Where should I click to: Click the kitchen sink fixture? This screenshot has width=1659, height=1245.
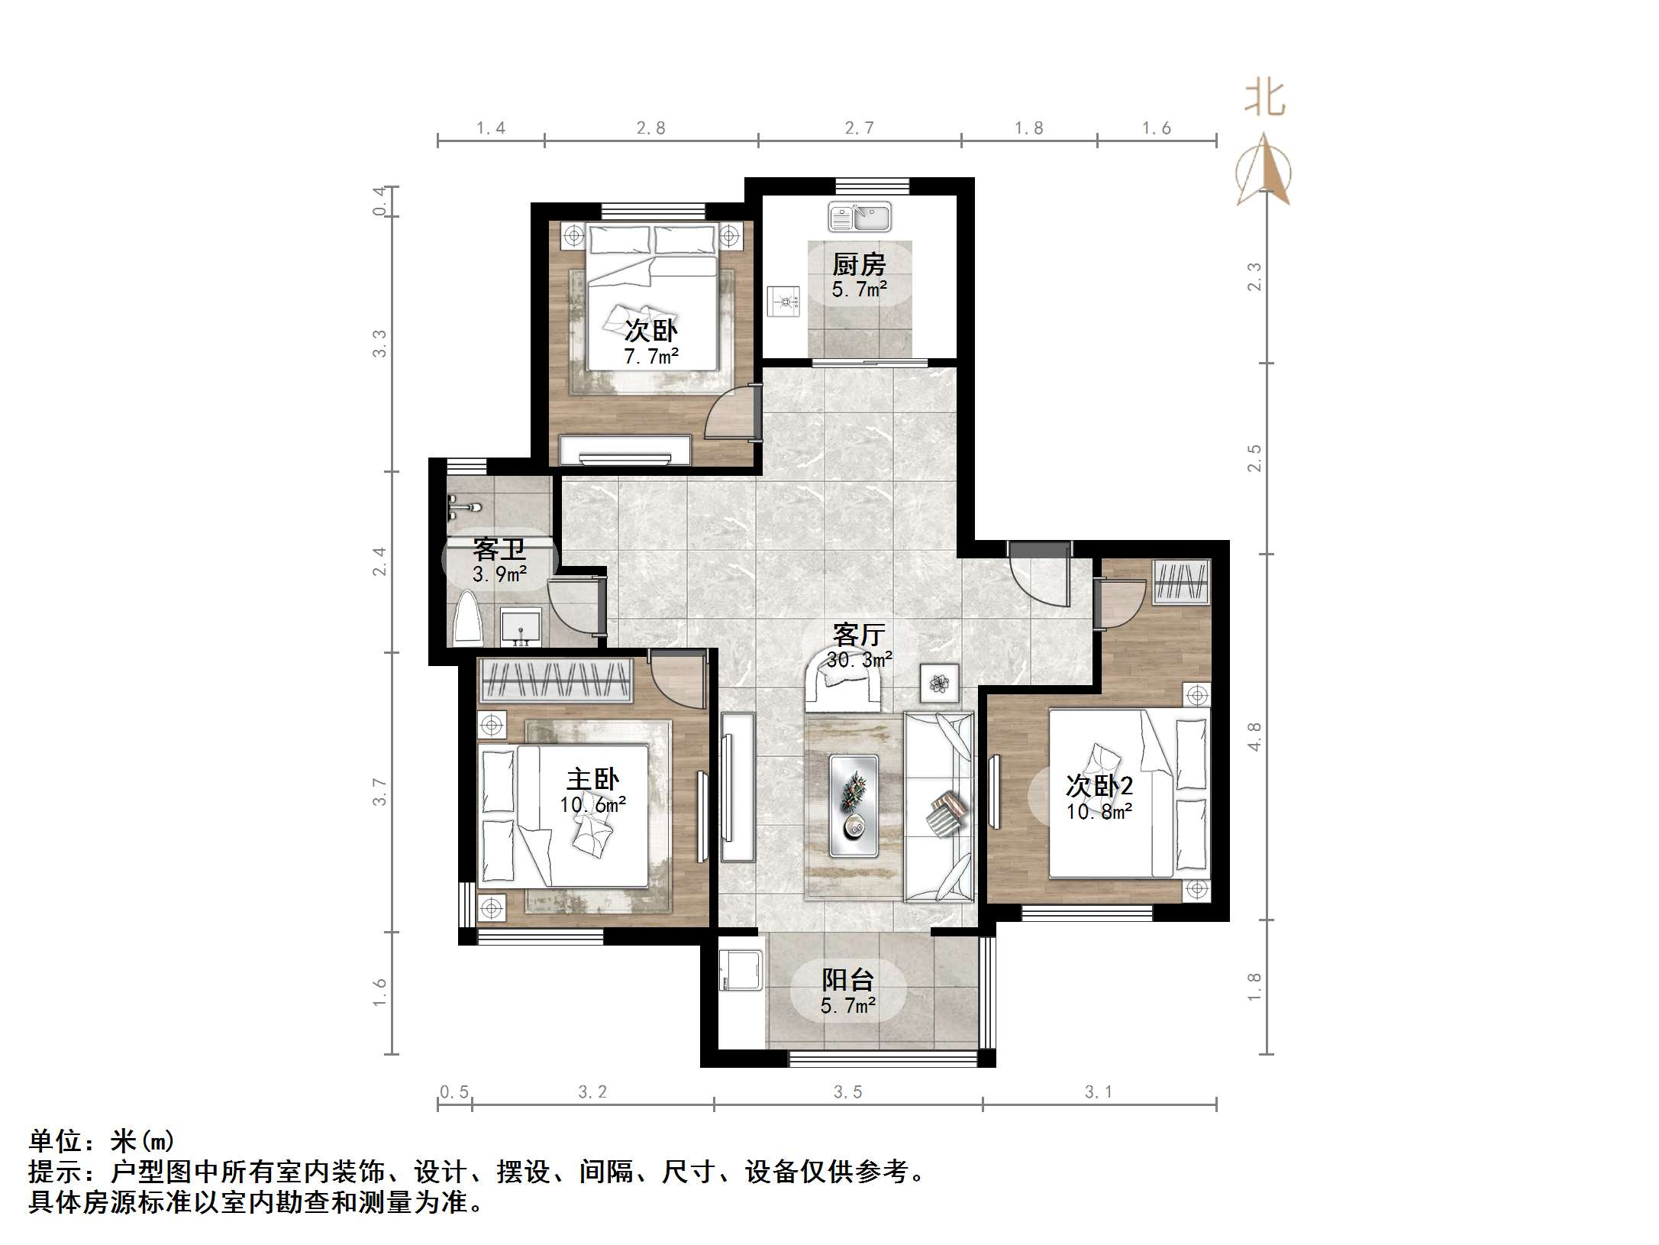pos(860,217)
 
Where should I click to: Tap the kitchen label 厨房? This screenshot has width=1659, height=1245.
pos(859,265)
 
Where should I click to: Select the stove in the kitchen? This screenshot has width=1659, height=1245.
pos(783,302)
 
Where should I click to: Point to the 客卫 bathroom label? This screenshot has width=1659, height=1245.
pos(499,548)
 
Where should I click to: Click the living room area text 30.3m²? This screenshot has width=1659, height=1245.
pos(860,659)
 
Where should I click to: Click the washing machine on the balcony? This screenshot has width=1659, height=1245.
pos(741,970)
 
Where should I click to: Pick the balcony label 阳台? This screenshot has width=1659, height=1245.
pos(847,979)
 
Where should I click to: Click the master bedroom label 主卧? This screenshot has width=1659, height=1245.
pos(592,779)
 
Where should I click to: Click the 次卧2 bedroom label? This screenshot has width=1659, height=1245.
pos(1099,785)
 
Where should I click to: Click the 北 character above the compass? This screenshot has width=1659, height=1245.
pos(1265,100)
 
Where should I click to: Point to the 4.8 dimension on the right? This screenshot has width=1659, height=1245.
pos(1254,736)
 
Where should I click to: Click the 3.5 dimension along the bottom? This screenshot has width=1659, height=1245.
pos(847,1092)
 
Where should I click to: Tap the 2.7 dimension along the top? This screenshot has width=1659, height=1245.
pos(859,128)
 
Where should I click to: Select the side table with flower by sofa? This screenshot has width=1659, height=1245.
pos(940,682)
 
